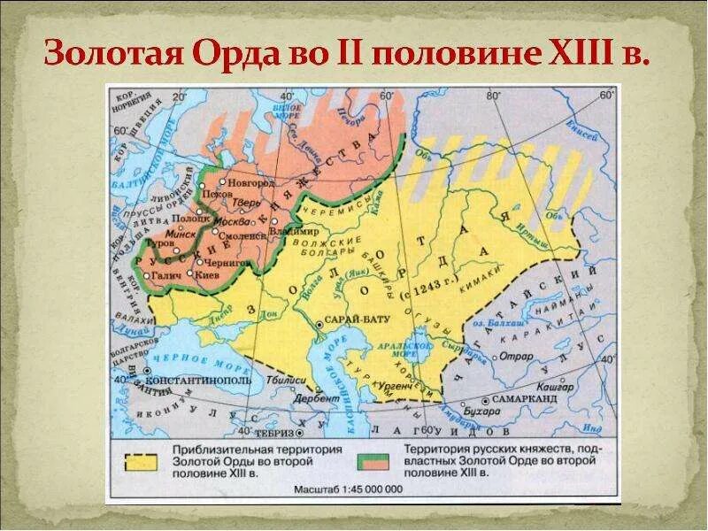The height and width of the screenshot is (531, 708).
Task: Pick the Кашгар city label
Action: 554,387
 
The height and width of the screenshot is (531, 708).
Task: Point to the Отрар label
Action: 515,356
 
